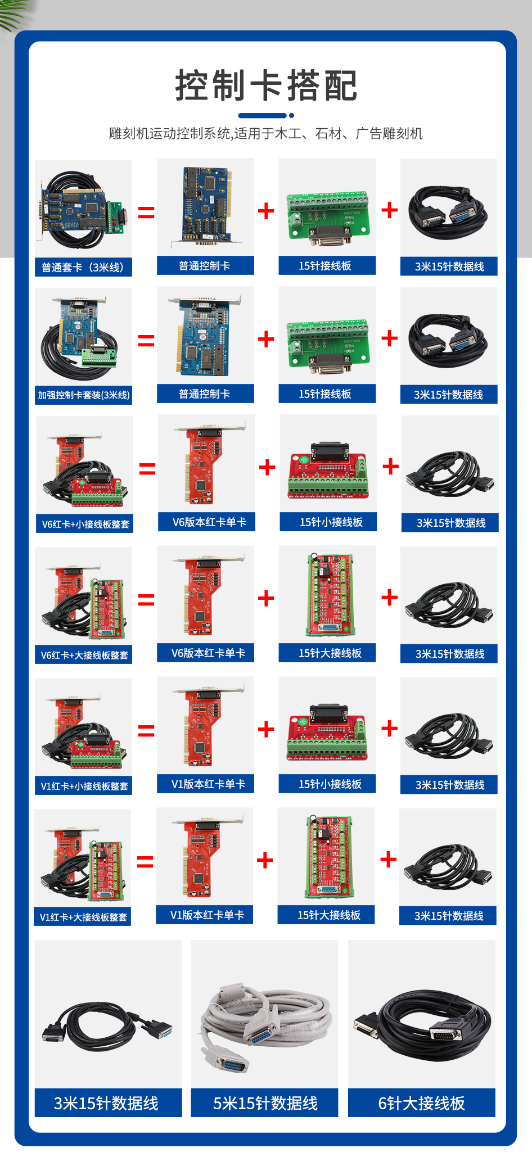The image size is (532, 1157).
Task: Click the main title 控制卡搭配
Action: (x=266, y=86)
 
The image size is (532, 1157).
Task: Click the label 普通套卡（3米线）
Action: (x=83, y=268)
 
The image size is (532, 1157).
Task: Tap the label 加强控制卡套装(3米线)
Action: (x=84, y=395)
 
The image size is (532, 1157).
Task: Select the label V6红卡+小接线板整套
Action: (x=85, y=525)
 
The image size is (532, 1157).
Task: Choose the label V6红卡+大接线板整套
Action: (x=84, y=656)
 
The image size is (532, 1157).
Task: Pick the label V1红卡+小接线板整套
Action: (x=84, y=787)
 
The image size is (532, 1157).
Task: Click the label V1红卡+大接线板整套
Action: (x=83, y=918)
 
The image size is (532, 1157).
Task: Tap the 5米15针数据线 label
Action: (x=265, y=1104)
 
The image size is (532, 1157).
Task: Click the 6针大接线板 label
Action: (x=422, y=1104)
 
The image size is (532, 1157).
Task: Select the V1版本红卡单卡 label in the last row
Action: (x=207, y=915)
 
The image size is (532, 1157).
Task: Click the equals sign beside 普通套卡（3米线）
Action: (x=146, y=212)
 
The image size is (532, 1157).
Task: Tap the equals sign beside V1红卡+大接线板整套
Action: (x=145, y=861)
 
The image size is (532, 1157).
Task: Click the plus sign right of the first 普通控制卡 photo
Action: (x=266, y=211)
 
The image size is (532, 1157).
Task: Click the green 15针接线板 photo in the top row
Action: (x=327, y=218)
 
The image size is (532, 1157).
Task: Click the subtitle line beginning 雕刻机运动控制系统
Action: (x=266, y=134)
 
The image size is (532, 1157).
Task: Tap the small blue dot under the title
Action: (x=291, y=116)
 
